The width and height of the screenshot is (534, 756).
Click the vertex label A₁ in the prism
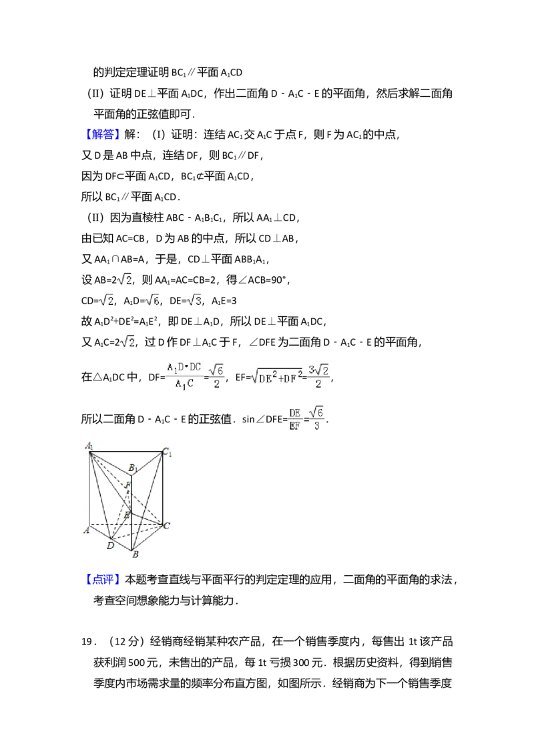[x=89, y=446]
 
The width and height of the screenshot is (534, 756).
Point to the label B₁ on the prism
[x=133, y=468]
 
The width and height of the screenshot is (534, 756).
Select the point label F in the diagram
[x=127, y=485]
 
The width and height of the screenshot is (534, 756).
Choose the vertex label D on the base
[x=110, y=546]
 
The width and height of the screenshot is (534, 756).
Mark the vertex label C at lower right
[x=167, y=526]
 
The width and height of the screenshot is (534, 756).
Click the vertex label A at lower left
[x=86, y=530]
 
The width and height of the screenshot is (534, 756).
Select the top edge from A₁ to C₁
[x=127, y=452]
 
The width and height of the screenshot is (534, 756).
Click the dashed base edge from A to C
[x=127, y=524]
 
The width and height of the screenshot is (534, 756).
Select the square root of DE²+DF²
[x=274, y=377]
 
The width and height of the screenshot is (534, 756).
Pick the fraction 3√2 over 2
[x=318, y=376]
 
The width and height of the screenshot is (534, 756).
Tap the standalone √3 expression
[x=192, y=302]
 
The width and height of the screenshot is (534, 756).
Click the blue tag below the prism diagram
[x=103, y=579]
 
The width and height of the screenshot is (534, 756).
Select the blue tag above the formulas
[x=103, y=135]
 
